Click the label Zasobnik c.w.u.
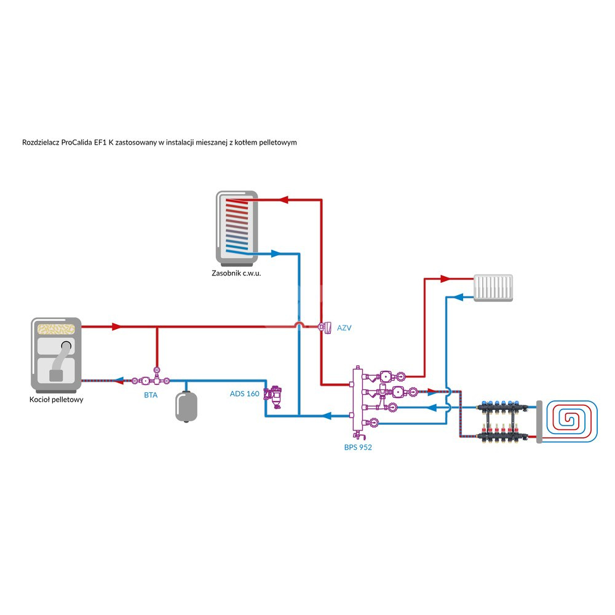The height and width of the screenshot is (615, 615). point(236,273)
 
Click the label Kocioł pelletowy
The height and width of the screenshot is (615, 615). point(57,399)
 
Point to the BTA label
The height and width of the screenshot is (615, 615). point(151,395)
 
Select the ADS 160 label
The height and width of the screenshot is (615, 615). point(244,394)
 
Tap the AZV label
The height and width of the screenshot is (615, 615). point(343,328)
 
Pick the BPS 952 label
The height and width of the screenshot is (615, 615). point(358,447)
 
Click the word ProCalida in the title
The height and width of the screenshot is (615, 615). point(76,142)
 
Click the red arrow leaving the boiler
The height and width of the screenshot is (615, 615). point(116,326)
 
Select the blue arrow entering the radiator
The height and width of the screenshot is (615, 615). point(457,296)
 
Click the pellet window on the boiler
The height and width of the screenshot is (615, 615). point(57,328)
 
